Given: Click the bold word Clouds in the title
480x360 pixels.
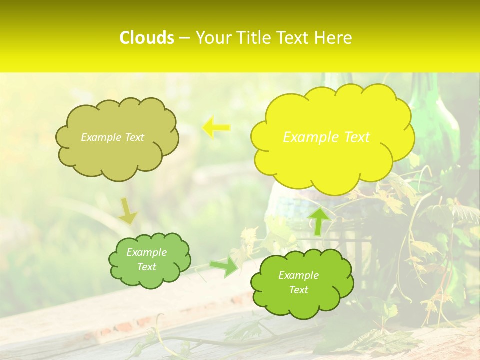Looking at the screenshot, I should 147,38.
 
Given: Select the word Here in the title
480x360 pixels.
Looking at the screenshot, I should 335,38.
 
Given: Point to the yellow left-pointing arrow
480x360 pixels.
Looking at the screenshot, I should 216,128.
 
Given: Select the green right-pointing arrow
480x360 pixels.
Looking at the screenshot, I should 224,267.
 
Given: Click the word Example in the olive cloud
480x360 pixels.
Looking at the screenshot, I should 99,137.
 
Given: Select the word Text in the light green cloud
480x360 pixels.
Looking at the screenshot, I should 147,267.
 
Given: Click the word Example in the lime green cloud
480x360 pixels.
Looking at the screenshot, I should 298,275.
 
